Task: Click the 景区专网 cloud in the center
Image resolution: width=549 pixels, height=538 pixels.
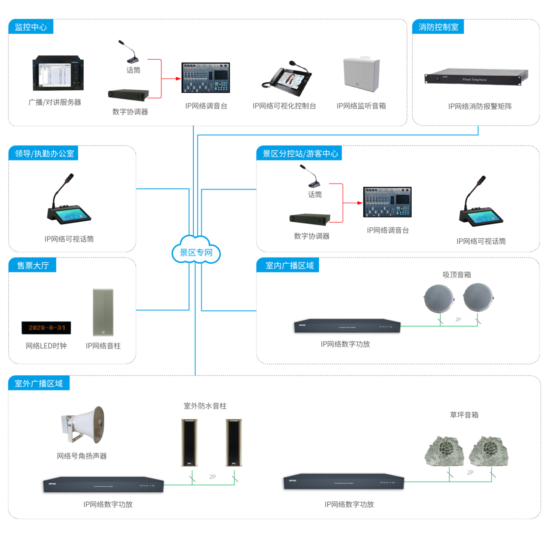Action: [196, 252]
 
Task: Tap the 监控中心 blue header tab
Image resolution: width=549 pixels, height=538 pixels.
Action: [31, 27]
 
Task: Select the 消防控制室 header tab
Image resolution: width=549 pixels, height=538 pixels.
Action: [438, 27]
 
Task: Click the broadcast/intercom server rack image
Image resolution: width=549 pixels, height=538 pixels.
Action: [58, 73]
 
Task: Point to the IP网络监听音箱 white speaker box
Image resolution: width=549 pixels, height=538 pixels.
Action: [361, 75]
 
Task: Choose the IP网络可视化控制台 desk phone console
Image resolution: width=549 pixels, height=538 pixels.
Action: [287, 79]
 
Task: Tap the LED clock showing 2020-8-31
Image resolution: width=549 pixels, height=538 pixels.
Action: [46, 328]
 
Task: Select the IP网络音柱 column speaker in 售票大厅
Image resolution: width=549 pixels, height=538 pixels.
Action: [103, 312]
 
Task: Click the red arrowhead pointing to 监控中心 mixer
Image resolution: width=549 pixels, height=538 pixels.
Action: [178, 78]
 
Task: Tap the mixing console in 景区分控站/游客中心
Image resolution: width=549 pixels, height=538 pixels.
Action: [387, 202]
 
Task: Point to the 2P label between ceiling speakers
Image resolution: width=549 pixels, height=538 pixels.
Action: [458, 319]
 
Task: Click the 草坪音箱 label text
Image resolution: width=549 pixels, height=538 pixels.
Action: [464, 415]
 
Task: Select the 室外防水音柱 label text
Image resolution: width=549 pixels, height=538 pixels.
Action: [205, 406]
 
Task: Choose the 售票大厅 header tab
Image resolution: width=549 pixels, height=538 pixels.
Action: [33, 265]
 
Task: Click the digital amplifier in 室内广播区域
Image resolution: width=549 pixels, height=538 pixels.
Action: [347, 326]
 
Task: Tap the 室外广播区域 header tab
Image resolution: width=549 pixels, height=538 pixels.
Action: [39, 383]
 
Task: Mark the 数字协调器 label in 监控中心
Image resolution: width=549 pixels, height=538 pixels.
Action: [130, 112]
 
